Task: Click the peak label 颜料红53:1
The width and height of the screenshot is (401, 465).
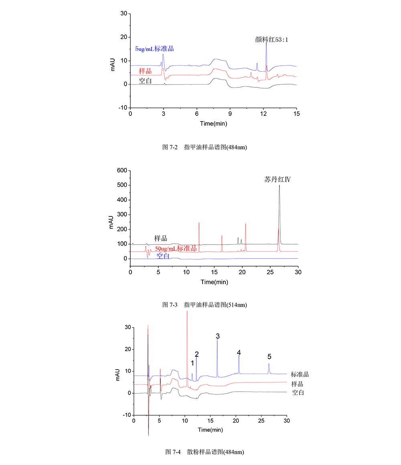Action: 271,40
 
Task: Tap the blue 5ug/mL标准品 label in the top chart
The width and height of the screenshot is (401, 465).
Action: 157,49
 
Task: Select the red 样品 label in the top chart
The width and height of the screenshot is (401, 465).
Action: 146,71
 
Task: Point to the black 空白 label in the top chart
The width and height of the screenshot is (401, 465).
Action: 145,81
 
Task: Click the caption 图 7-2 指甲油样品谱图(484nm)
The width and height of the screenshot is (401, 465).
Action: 205,147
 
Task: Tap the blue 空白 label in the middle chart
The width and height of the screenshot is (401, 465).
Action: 162,256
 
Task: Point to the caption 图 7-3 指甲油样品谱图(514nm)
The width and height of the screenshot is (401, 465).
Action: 205,305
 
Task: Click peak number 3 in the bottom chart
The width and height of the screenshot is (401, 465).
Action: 217,336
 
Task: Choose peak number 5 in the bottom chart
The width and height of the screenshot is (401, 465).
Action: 269,356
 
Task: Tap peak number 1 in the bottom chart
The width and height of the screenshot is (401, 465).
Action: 192,363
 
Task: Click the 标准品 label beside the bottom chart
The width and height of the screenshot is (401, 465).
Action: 300,374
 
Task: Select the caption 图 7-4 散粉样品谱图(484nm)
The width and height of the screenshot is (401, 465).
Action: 205,452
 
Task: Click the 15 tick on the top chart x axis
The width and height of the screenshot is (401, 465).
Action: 296,114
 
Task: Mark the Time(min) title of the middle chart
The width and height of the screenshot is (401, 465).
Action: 214,282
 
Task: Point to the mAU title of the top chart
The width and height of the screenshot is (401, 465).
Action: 113,64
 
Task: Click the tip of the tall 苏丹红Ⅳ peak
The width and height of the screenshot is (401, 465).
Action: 279,185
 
